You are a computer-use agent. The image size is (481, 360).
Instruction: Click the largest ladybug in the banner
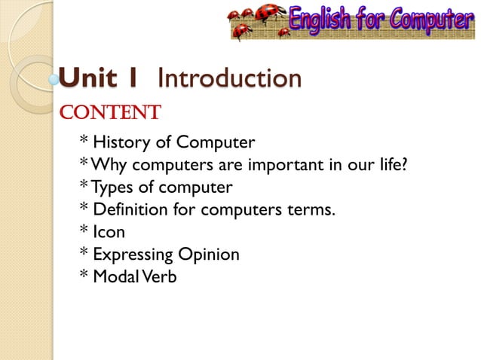270,13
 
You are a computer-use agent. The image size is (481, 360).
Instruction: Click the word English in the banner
324,20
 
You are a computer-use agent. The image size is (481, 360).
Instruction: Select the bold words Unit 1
99,78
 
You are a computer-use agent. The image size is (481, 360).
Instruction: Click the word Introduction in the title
230,78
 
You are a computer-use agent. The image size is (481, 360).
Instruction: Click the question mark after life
403,164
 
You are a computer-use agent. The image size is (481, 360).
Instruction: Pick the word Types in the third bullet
110,187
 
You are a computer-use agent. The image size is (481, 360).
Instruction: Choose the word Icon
109,232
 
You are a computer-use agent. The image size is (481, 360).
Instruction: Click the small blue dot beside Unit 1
53,78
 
